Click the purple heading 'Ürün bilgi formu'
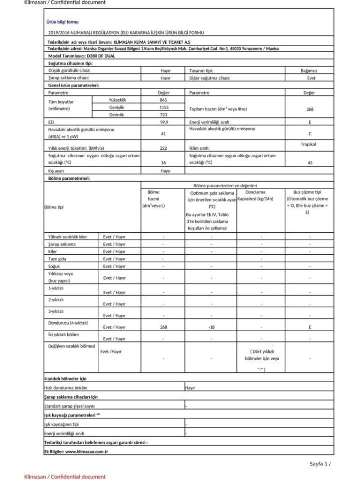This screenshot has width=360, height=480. [62, 22]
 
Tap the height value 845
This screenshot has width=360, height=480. [163, 100]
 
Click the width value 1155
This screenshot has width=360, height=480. [163, 108]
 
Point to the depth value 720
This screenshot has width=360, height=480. [163, 115]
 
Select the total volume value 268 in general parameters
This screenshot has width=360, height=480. [310, 109]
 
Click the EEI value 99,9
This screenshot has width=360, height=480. [163, 122]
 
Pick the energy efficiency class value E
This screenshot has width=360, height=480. [310, 122]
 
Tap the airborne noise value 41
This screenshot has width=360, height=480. [163, 133]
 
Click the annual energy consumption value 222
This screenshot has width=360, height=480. [163, 148]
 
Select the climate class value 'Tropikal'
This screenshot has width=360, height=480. [308, 144]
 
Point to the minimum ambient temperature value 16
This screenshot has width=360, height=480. [163, 163]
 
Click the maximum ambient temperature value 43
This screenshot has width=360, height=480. [310, 163]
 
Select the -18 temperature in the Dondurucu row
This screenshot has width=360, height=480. [211, 327]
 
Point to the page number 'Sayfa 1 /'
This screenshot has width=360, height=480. [320, 464]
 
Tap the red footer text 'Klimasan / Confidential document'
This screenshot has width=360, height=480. [65, 477]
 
